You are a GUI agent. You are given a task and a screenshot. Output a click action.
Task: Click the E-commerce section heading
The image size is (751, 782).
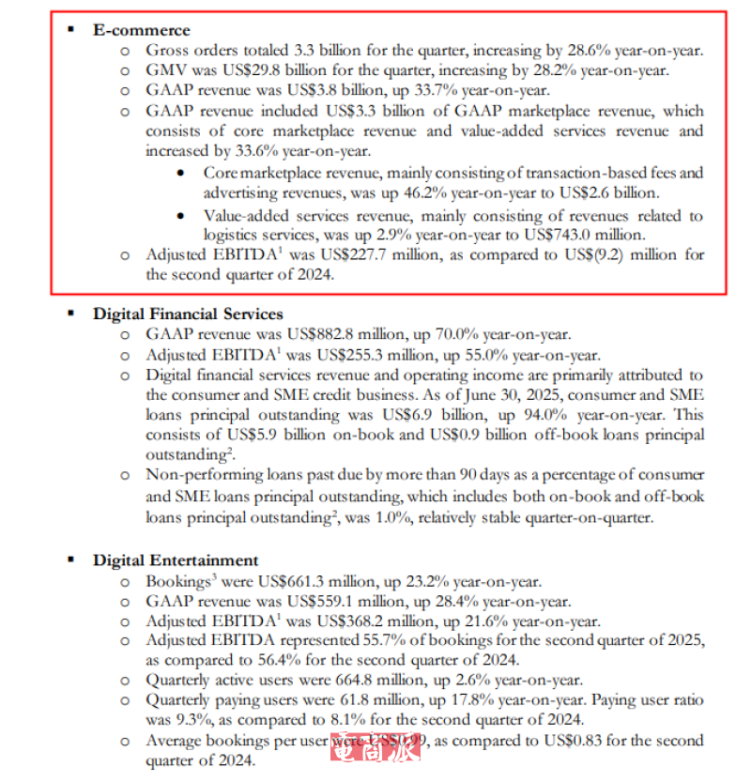tap(141, 30)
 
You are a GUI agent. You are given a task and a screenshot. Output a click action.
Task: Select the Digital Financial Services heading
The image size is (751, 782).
tap(187, 314)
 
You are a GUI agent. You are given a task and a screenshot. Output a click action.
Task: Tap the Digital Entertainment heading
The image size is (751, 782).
tap(175, 560)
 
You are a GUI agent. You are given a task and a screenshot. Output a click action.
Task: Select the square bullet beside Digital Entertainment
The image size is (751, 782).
tap(72, 560)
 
